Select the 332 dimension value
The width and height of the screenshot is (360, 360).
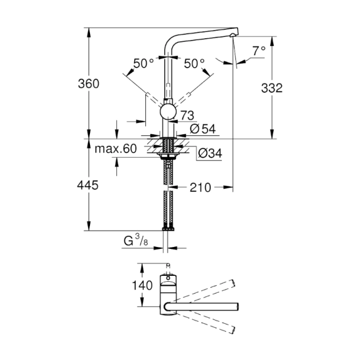[272, 89]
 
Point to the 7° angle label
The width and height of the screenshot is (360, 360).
[259, 51]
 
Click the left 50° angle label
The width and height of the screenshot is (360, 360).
[144, 64]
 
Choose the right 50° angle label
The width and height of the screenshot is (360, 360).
[194, 64]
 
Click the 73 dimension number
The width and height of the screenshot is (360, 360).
[187, 115]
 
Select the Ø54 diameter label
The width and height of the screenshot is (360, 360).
[201, 129]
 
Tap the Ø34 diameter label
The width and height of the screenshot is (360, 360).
[209, 154]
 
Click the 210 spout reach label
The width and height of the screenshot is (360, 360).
[200, 188]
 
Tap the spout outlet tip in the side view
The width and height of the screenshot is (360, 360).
[234, 36]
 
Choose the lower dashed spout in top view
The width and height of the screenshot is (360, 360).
[206, 321]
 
